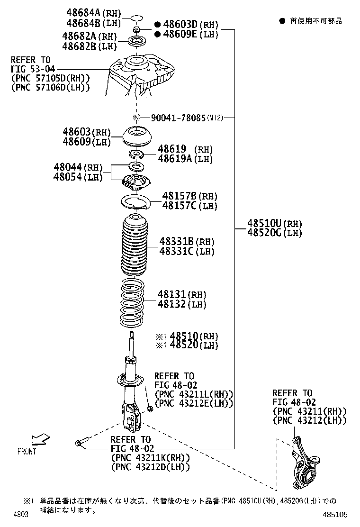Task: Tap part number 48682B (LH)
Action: [x=89, y=46]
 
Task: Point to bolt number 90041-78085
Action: [x=178, y=118]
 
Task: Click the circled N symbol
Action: [x=136, y=118]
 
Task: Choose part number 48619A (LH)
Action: [x=185, y=159]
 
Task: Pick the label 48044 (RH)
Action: [x=78, y=167]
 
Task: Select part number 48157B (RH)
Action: [x=189, y=196]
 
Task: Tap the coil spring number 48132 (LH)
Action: [x=183, y=304]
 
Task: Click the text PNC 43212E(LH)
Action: [x=194, y=403]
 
